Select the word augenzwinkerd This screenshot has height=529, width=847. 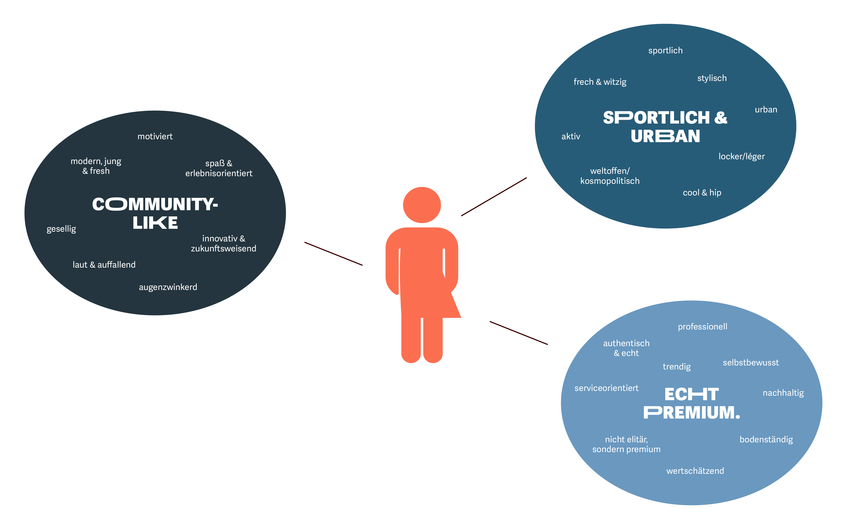(x=168, y=287)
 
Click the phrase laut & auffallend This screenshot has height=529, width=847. (x=104, y=265)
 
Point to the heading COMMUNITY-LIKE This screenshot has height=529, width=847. (x=155, y=213)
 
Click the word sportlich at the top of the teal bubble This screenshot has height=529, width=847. (x=665, y=51)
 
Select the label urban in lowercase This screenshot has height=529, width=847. (x=766, y=110)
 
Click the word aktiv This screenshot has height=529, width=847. (x=570, y=136)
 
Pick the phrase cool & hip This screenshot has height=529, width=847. (x=702, y=193)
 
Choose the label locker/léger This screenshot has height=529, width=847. (x=741, y=156)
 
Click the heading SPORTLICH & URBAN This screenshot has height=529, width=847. (x=665, y=127)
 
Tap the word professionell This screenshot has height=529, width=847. (x=702, y=327)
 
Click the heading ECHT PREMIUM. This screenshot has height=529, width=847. (x=692, y=403)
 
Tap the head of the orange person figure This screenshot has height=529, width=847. (x=422, y=205)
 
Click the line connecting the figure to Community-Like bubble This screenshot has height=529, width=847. (x=333, y=254)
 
